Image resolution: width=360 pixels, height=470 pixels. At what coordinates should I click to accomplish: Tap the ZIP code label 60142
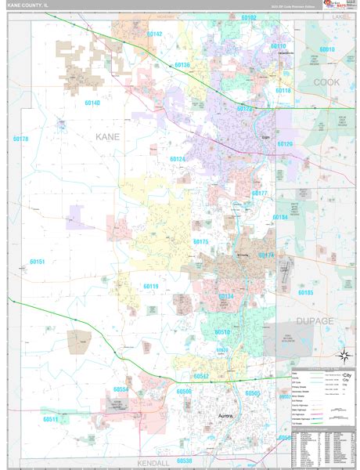[x=154, y=34]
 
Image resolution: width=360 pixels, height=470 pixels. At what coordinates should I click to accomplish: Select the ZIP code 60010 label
[x=326, y=49]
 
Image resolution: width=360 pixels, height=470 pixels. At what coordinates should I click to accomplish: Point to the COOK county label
[x=328, y=81]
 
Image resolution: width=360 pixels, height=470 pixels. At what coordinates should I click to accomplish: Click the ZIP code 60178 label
[x=20, y=139]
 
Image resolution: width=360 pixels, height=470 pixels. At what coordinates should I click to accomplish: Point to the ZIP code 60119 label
[x=151, y=287]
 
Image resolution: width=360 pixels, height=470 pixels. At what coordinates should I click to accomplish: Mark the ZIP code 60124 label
[x=178, y=159]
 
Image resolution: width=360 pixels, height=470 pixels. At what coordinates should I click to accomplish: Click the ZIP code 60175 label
[x=200, y=242]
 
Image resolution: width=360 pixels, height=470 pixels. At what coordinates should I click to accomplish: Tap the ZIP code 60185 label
[x=305, y=292]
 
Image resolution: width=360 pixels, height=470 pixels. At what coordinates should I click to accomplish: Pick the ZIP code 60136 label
[x=182, y=65]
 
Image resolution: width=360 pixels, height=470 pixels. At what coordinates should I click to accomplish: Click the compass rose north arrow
[x=342, y=357]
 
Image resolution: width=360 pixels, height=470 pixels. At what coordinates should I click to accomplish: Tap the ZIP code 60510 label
[x=222, y=332]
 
